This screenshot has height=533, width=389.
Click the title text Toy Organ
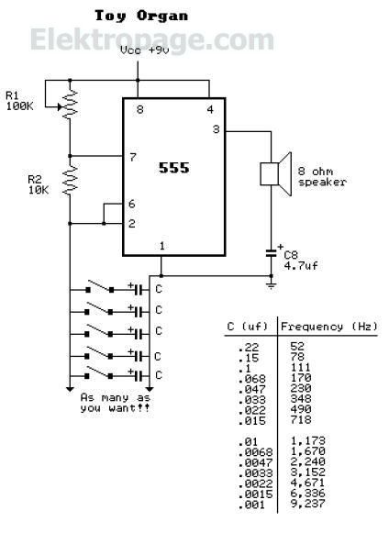[141, 16]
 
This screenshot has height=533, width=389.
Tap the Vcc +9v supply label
[145, 50]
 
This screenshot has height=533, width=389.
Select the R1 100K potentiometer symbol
[69, 105]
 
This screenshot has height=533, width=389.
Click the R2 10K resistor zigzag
[70, 181]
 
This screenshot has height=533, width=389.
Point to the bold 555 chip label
[173, 168]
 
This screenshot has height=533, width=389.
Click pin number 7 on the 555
[133, 157]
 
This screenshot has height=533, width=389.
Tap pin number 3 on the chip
[217, 129]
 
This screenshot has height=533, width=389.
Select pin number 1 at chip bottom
[161, 246]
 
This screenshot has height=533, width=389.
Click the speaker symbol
[276, 173]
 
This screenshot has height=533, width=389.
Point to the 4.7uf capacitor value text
[301, 265]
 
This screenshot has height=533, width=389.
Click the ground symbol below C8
[271, 285]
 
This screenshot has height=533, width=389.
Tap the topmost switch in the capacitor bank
[100, 287]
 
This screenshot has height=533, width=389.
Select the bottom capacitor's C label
[159, 375]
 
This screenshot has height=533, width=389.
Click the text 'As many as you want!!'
[116, 403]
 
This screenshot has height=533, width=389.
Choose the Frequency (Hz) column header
[328, 327]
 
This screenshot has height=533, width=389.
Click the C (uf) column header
[247, 327]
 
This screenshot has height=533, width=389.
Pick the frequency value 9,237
[308, 504]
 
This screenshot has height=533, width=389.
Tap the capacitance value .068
[252, 378]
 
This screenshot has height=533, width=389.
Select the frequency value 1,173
[308, 441]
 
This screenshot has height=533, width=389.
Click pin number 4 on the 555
[210, 109]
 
